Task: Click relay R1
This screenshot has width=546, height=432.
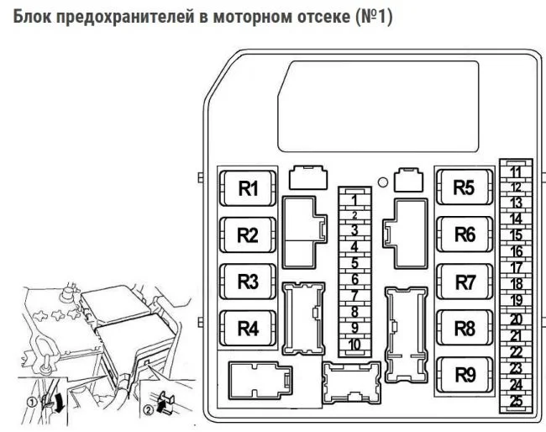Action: coord(248,189)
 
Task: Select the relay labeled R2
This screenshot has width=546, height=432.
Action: coord(248,235)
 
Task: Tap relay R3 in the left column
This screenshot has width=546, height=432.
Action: coord(248,282)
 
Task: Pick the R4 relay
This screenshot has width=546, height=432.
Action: coord(248,328)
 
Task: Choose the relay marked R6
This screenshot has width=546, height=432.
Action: coord(465,235)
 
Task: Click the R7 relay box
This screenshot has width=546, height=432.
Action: coord(465,282)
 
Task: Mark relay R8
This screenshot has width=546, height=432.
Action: coord(465,329)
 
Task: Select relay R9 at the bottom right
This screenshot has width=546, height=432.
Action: coord(465,375)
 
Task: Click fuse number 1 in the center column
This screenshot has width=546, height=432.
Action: coord(356,199)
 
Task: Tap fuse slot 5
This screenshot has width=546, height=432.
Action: coord(356,263)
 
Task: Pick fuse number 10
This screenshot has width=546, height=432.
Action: coord(356,344)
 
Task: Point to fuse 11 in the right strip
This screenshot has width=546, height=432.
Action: coord(516,171)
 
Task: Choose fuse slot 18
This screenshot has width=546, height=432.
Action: coord(516,284)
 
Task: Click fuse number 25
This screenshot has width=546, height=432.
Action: coord(516,400)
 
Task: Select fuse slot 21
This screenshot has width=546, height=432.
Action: coord(516,335)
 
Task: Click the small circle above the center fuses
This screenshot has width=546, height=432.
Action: coord(382,182)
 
